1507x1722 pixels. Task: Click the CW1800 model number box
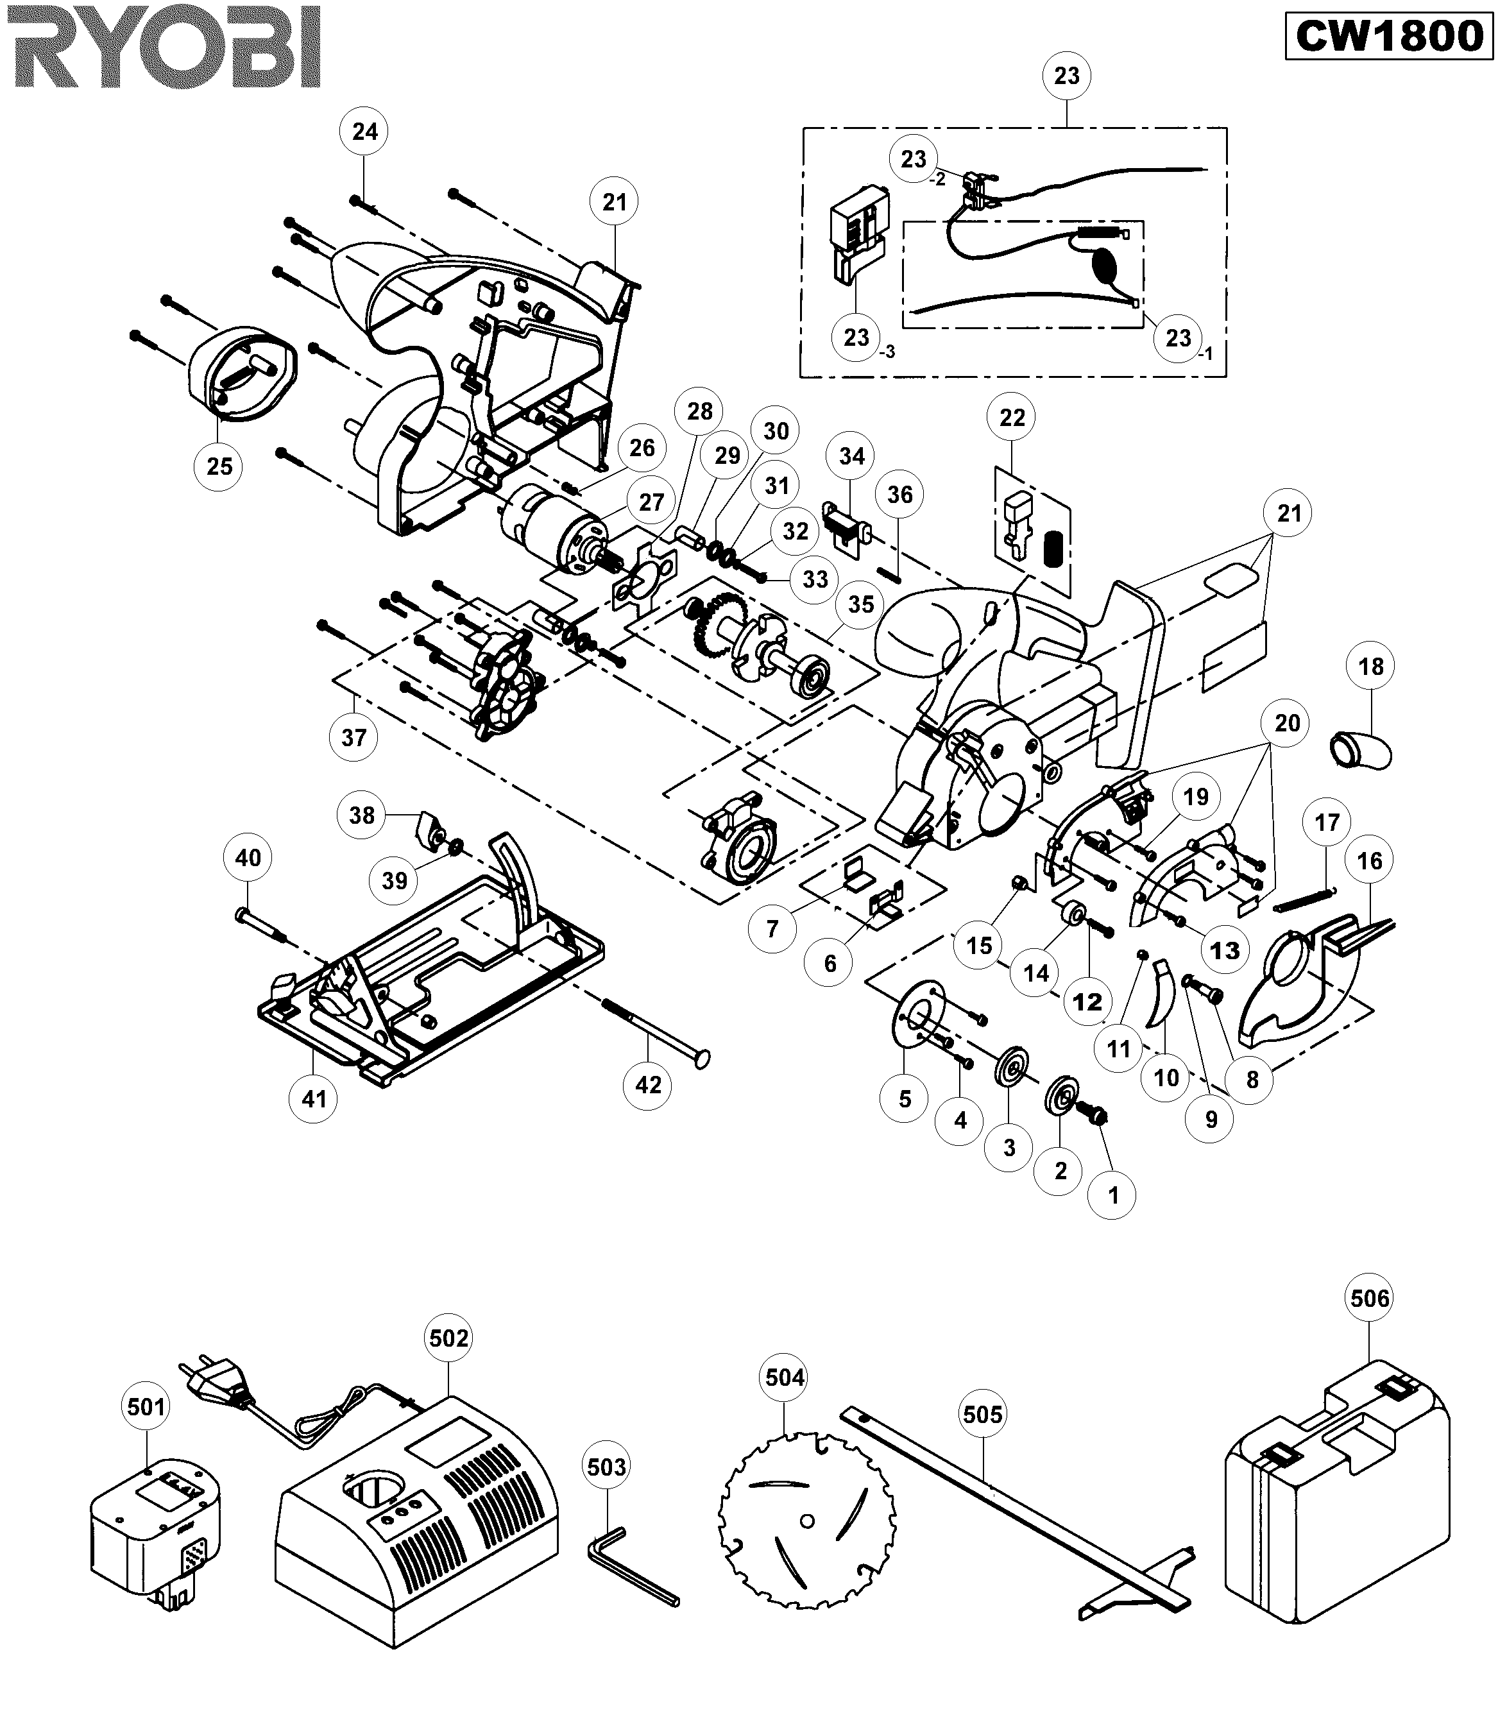(x=1388, y=36)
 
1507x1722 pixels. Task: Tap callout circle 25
(x=219, y=466)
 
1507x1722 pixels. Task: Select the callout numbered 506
(x=1370, y=1298)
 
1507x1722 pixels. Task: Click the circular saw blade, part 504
(x=806, y=1521)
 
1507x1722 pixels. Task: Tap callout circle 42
(x=647, y=1086)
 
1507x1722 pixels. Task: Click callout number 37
(x=353, y=737)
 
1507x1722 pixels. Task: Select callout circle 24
(x=364, y=132)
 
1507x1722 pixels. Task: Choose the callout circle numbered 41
(x=314, y=1099)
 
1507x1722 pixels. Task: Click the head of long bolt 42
(x=701, y=1059)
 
